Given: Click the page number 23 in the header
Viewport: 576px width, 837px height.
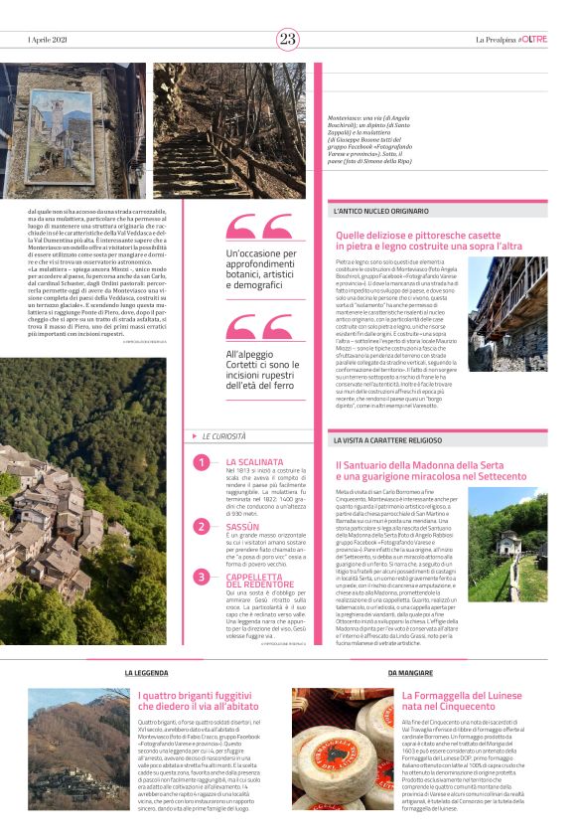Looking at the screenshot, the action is (x=288, y=39).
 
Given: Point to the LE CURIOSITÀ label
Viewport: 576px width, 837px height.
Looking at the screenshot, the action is (x=227, y=435).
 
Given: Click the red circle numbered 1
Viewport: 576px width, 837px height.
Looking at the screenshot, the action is (x=202, y=463).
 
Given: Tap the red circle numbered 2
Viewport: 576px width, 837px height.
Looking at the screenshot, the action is (x=202, y=527).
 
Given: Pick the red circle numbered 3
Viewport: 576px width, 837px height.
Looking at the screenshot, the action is (x=202, y=577).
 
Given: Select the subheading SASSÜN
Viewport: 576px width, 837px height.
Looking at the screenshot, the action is (x=242, y=526).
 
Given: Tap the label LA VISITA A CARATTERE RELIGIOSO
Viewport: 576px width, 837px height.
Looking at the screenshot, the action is (x=398, y=438).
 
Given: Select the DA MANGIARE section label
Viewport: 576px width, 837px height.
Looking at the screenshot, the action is (x=409, y=674).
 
